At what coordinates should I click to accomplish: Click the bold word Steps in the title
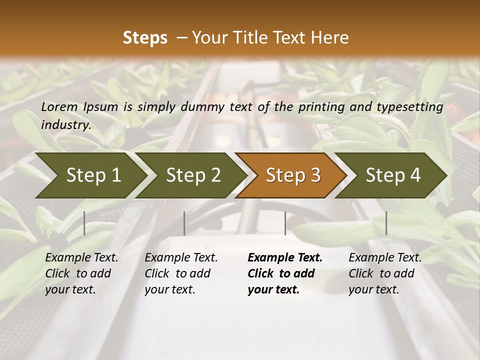(145, 38)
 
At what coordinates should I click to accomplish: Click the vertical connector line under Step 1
(84, 223)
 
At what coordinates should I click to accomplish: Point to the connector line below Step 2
(184, 223)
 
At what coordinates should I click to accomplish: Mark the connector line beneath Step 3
(285, 223)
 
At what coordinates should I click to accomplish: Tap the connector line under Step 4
(386, 223)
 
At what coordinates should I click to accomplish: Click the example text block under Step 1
(81, 273)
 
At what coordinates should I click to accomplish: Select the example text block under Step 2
(181, 273)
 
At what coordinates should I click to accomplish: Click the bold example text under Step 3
(285, 273)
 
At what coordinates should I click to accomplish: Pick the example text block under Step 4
(385, 273)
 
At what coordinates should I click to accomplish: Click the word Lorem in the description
(59, 106)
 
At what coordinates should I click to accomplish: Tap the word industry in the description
(65, 124)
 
